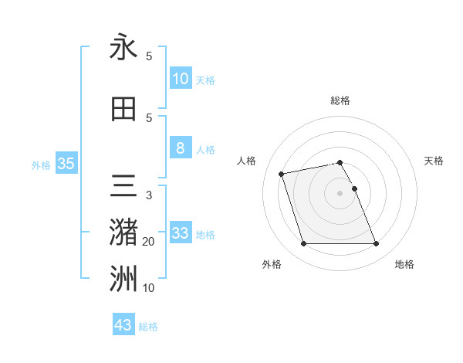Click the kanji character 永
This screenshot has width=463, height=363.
coord(123,47)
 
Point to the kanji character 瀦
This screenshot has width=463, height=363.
coord(123,232)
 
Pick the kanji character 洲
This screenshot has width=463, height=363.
coord(123,280)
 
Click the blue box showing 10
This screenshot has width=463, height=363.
coord(181,79)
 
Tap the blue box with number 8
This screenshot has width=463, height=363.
coord(181,148)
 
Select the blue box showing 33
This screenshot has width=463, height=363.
coord(181,233)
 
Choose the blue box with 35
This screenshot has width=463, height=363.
coord(66,164)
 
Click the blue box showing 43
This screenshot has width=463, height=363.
coord(123,325)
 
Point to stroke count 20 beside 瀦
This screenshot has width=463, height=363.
coord(149,242)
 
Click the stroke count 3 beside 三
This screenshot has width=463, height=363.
coord(149,195)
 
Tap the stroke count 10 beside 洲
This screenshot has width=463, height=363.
coord(149,288)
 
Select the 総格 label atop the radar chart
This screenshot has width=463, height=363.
coord(340,100)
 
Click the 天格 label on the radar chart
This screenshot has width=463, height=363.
coord(434,161)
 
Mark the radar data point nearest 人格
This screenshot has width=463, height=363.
coord(282,173)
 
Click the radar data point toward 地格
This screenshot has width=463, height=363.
coord(376,244)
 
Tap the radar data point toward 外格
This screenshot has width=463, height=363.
coord(303,244)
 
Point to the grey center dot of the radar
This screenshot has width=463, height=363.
coord(340,193)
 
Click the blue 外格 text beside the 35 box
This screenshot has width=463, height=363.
coord(41,165)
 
